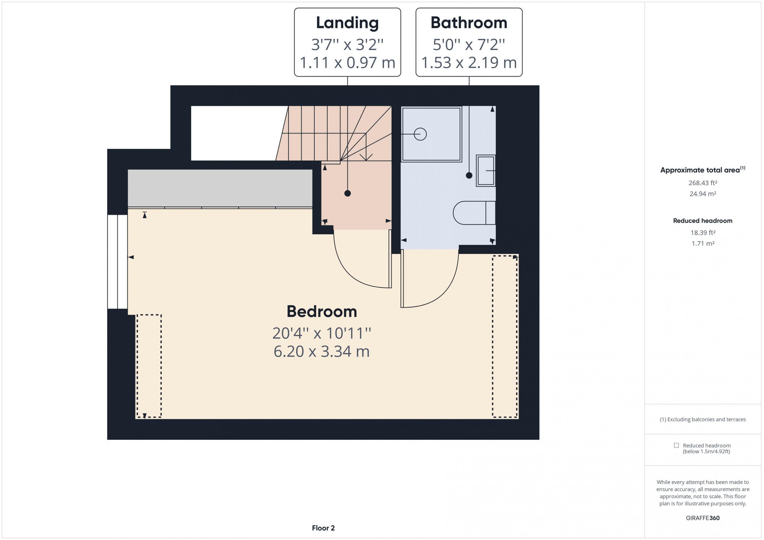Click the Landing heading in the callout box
point(347,23)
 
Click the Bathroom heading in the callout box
point(469,23)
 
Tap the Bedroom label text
point(322,312)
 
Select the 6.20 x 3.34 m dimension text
point(321,352)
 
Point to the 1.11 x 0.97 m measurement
point(347,63)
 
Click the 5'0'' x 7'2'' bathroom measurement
point(469,44)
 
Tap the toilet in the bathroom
point(474,213)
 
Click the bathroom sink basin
point(486,171)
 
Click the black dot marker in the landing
point(347,193)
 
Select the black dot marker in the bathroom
point(469,175)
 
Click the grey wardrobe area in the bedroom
point(220,188)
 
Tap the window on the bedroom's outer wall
point(118,262)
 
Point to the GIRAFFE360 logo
point(703,518)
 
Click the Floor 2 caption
point(323,528)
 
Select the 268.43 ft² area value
point(703,183)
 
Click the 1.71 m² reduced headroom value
point(703,243)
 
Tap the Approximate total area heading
point(703,170)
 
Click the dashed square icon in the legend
point(676,445)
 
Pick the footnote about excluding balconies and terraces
point(703,419)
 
